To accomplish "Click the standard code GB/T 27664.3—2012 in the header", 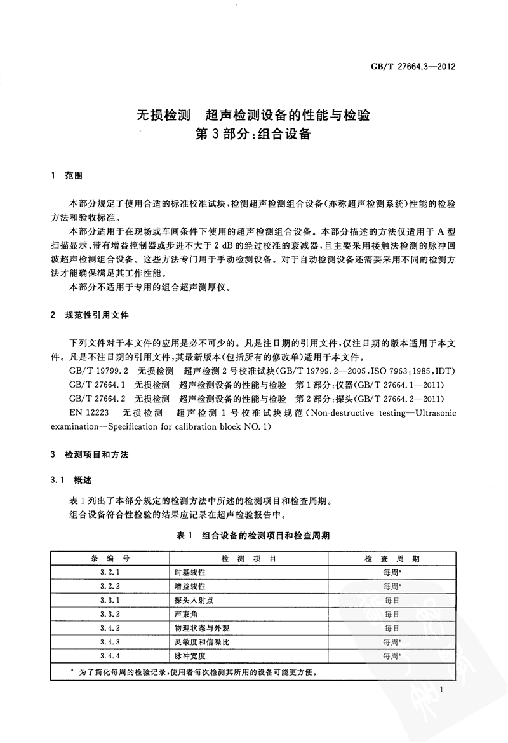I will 415,66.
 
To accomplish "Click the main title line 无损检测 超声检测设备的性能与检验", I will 254,115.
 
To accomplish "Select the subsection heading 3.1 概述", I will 72,479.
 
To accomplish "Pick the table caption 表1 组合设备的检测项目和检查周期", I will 253,535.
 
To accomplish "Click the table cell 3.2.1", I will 110,573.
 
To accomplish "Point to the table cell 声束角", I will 185,614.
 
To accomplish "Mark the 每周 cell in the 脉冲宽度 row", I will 392,656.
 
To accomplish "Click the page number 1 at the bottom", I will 448,690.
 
